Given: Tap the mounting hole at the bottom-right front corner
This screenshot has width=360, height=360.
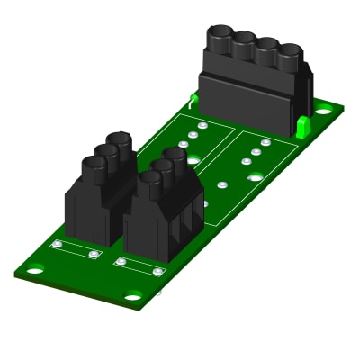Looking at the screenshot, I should click(x=133, y=296).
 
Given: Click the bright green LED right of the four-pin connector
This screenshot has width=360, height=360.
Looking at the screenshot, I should click(x=302, y=127).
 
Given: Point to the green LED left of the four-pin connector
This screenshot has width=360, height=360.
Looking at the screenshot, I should click(x=193, y=98).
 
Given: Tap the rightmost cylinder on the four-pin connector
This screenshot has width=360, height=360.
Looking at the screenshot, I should click(x=289, y=54).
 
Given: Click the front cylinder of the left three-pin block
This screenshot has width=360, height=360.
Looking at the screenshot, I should click(x=94, y=166).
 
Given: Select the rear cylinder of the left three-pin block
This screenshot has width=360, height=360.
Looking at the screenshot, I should click(x=121, y=142).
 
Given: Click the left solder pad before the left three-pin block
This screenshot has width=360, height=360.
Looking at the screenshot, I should click(x=57, y=245).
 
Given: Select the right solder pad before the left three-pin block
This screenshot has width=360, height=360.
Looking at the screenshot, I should click(x=94, y=255).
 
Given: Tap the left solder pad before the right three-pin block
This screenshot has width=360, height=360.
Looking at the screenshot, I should click(x=121, y=262).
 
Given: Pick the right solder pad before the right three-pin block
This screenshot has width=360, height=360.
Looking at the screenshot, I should click(x=157, y=271).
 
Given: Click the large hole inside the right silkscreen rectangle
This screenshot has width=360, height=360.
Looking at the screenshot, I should click(x=256, y=177).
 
